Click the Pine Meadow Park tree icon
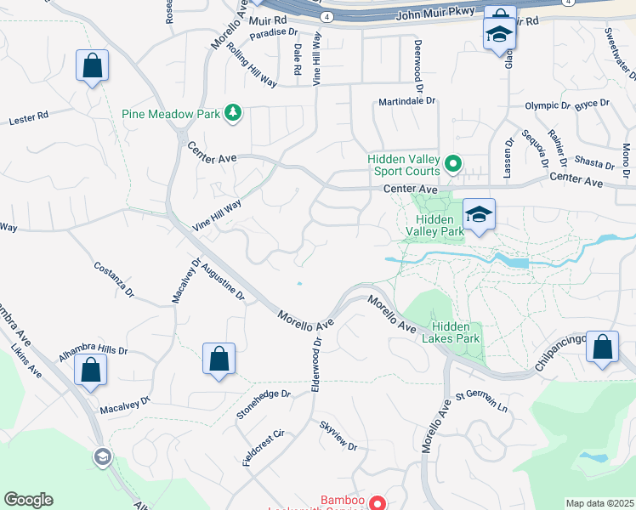[x=231, y=113]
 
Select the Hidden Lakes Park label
[x=456, y=332]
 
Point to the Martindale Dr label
[x=406, y=100]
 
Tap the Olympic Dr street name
[x=548, y=106]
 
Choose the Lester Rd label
[x=29, y=117]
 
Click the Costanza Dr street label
[x=114, y=279]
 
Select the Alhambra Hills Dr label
[x=93, y=350]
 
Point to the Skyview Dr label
[x=338, y=435]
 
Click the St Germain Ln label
[x=481, y=401]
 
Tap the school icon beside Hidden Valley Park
[x=479, y=214]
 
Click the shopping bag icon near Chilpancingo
[x=602, y=348]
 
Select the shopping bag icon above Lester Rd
[x=92, y=65]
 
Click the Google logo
[x=28, y=500]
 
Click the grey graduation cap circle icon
[x=102, y=457]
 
